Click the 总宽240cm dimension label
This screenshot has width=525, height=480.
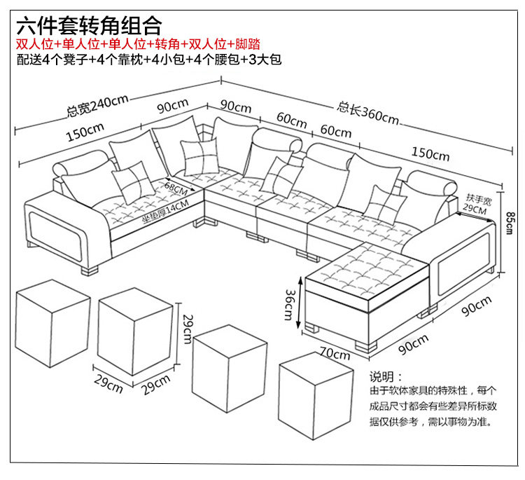point(97,106)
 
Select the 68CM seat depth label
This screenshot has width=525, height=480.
point(177,188)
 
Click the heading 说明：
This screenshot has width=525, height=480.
point(386,376)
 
